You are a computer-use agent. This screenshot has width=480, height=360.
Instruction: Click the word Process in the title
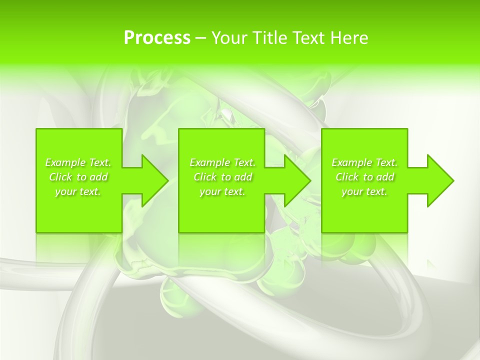pyautogui.click(x=157, y=38)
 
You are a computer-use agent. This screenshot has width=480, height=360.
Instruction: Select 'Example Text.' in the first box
pyautogui.click(x=78, y=162)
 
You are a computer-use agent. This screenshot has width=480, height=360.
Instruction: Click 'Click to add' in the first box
pyautogui.click(x=78, y=177)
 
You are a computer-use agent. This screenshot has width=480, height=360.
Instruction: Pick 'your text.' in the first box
pyautogui.click(x=78, y=191)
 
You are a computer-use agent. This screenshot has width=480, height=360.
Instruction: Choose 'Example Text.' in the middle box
pyautogui.click(x=222, y=162)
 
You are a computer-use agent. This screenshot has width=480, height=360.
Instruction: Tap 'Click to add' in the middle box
pyautogui.click(x=222, y=177)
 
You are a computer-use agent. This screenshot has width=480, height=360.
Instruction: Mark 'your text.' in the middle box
pyautogui.click(x=222, y=191)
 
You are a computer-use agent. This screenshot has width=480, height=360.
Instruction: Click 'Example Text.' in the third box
pyautogui.click(x=364, y=162)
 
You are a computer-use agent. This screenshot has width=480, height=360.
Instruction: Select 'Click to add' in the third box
pyautogui.click(x=364, y=177)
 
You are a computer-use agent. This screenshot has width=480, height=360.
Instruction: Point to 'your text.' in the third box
pyautogui.click(x=364, y=191)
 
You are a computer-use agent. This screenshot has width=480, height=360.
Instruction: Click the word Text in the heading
pyautogui.click(x=308, y=38)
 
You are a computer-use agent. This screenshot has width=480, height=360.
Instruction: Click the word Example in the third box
pyautogui.click(x=352, y=162)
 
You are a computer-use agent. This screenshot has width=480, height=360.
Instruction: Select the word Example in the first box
pyautogui.click(x=65, y=162)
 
